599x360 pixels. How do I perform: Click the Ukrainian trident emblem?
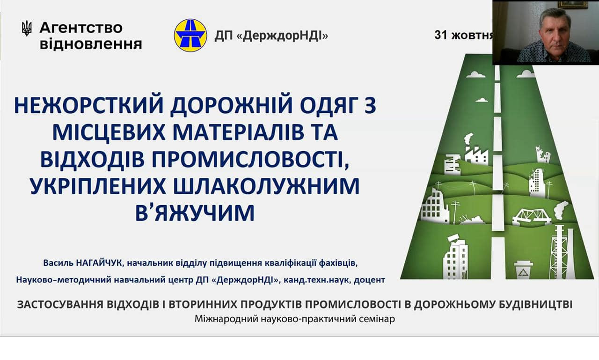(x=27, y=29)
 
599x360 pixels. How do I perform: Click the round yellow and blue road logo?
(x=190, y=35)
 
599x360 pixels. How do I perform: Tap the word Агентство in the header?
(x=81, y=28)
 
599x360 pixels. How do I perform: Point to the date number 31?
(x=441, y=35)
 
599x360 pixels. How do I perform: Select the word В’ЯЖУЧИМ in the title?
(x=195, y=213)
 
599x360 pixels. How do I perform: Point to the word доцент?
(x=369, y=280)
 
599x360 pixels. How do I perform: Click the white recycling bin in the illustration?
(x=523, y=270)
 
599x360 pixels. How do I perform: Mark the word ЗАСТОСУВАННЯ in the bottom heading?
(x=60, y=305)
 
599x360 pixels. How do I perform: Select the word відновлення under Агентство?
(x=91, y=44)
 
